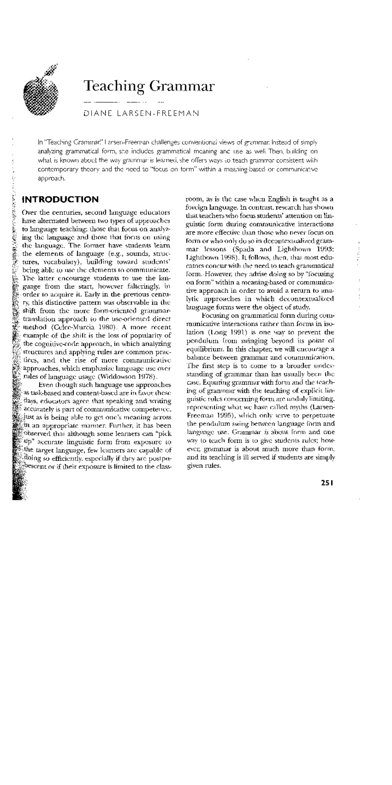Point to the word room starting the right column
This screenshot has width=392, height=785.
coord(193,199)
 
